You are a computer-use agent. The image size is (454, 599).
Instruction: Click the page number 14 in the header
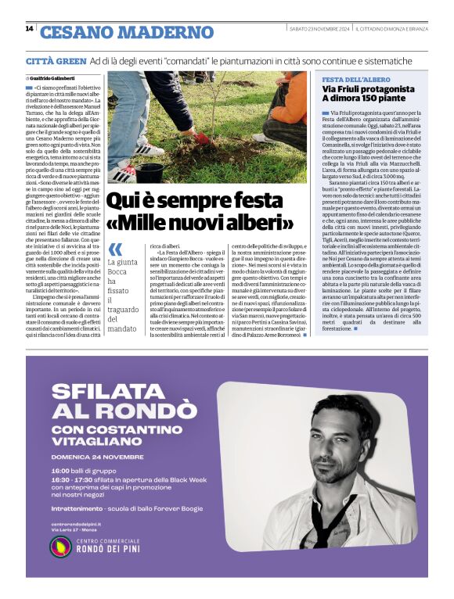pos(29,29)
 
